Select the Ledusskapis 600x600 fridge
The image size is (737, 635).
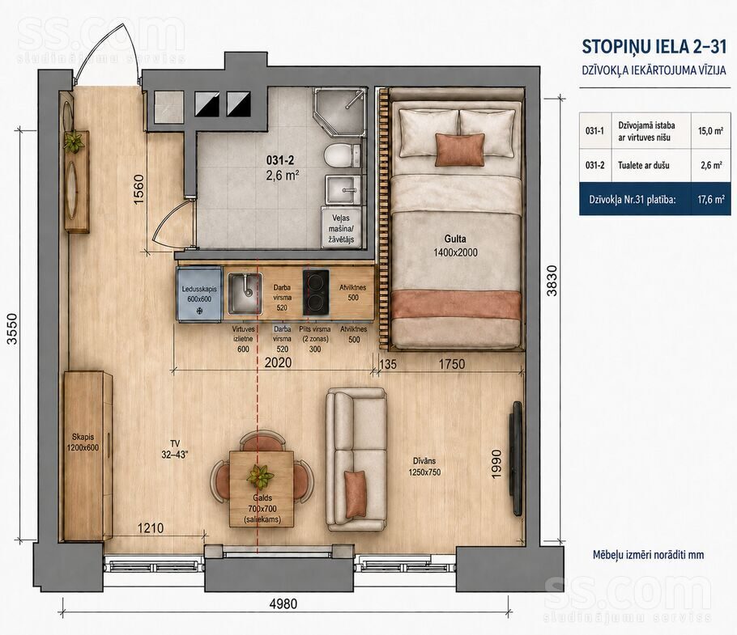click(x=199, y=294)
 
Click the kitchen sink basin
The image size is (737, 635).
click(x=245, y=294)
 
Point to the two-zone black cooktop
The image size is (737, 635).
click(x=316, y=292)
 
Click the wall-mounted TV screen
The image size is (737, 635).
click(x=517, y=458)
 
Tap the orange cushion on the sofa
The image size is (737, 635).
click(x=356, y=493)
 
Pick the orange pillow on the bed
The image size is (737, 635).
click(x=460, y=150)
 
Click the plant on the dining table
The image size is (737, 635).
click(x=259, y=476)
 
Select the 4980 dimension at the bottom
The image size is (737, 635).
click(x=283, y=603)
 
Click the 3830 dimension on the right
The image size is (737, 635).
click(x=552, y=281)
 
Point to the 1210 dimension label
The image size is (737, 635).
click(x=151, y=528)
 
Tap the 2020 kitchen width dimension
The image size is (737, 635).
click(x=278, y=362)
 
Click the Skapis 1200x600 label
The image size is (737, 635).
click(x=83, y=442)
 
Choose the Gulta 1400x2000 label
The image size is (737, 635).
click(x=455, y=246)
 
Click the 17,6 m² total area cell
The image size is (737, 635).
click(x=711, y=200)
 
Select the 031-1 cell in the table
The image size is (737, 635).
click(x=594, y=131)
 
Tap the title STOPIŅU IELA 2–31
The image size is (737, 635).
click(x=654, y=47)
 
